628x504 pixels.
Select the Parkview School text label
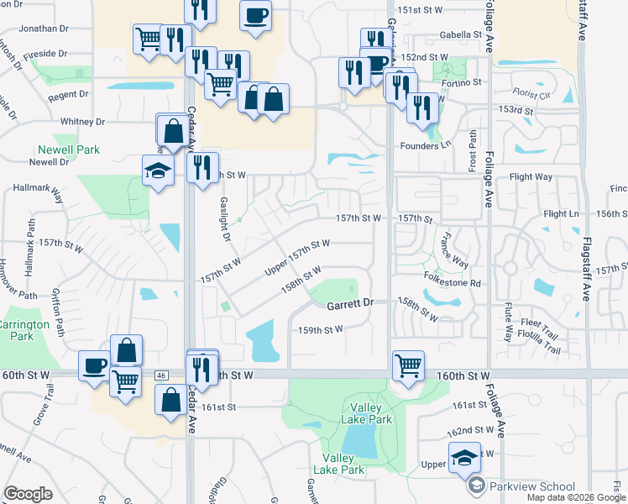[533, 486]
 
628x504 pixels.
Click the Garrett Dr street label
[349, 306]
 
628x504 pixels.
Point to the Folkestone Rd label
[452, 284]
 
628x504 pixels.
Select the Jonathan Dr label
[43, 29]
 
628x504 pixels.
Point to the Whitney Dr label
[81, 122]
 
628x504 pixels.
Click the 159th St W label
[321, 330]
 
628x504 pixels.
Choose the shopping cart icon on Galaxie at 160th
[408, 365]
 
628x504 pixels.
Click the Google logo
[29, 494]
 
